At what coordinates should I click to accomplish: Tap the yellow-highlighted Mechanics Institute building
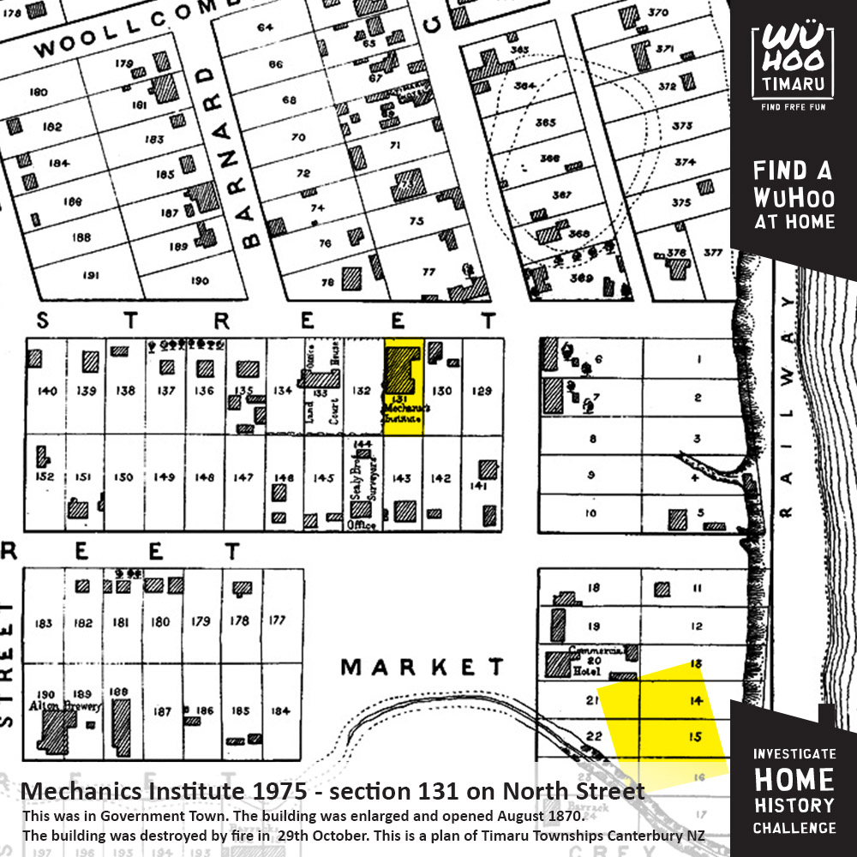point(401,369)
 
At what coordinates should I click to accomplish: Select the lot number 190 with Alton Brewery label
point(44,694)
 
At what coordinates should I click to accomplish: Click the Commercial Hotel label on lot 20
point(590,654)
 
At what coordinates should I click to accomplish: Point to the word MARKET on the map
point(422,667)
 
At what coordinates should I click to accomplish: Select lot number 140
point(47,391)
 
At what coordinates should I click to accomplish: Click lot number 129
point(482,391)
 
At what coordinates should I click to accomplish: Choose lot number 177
point(277,620)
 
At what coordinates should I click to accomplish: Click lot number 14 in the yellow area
point(696,701)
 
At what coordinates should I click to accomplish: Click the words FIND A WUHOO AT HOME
point(793,195)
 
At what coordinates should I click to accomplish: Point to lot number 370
point(657,13)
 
